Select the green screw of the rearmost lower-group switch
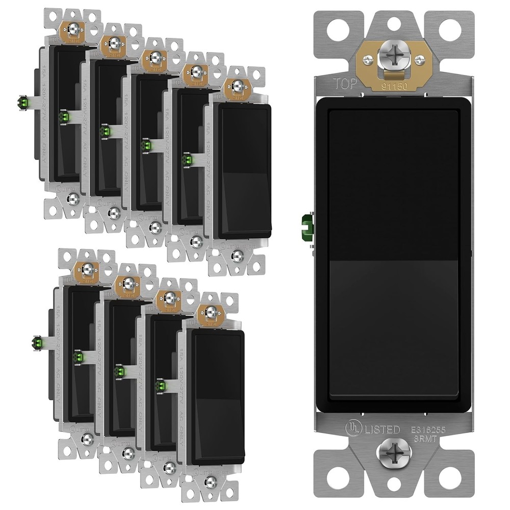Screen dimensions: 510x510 (37, 342)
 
